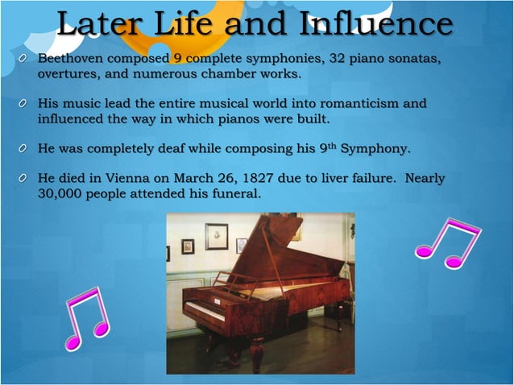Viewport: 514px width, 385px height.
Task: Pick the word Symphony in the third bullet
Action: click(x=377, y=149)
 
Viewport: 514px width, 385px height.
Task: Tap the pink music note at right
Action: click(x=448, y=242)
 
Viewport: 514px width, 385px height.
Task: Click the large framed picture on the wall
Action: click(x=216, y=236)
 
